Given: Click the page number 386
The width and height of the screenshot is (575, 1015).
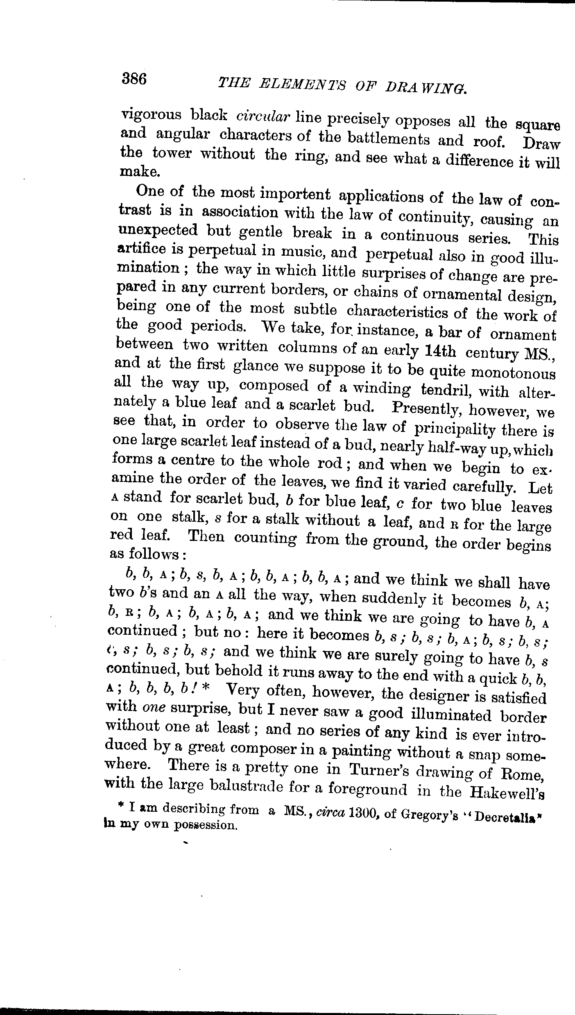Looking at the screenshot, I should [134, 78].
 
